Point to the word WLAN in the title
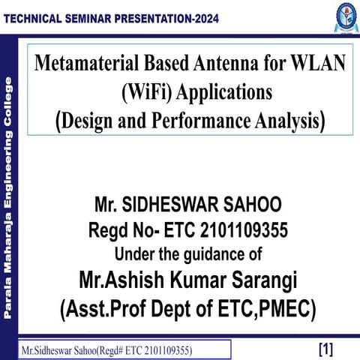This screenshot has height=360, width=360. tap(318, 65)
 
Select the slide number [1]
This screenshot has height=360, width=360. tap(325, 349)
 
